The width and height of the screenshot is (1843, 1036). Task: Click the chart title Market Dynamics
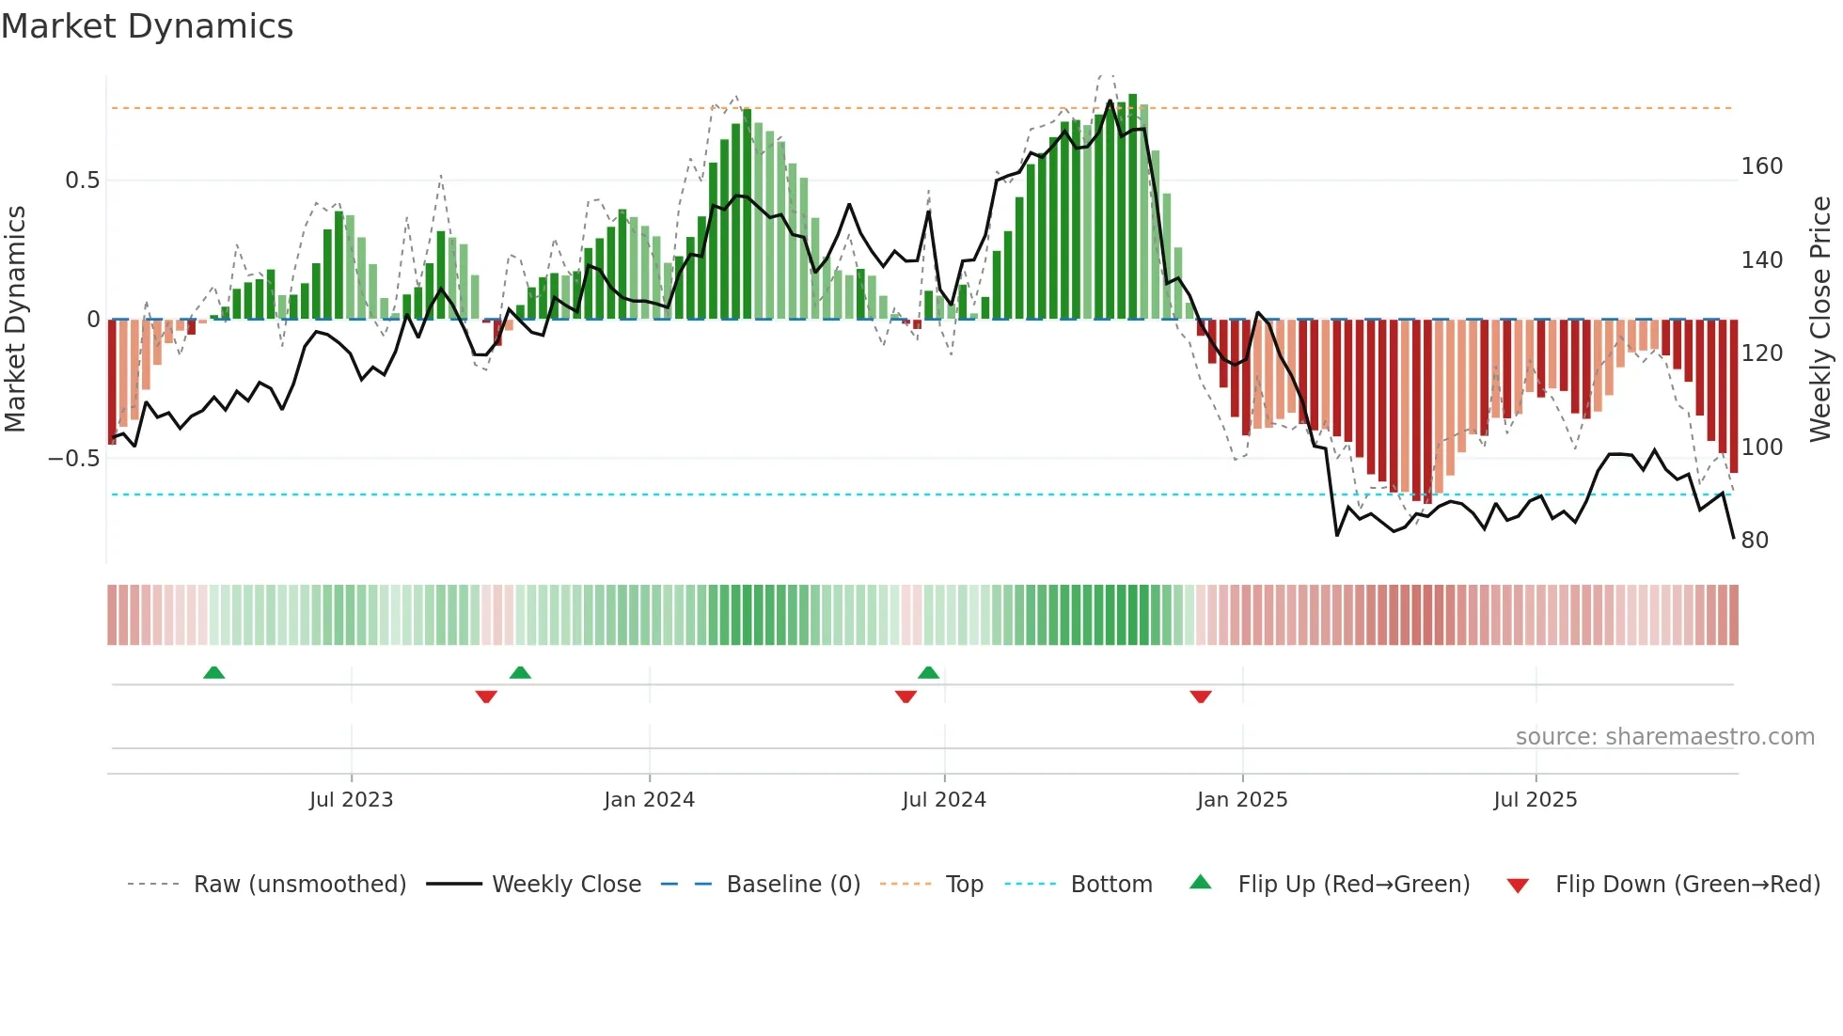click(x=147, y=26)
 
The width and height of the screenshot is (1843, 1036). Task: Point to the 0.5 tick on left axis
click(x=82, y=181)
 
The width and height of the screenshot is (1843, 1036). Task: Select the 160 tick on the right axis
click(x=1761, y=166)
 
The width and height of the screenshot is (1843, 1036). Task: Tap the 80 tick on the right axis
click(x=1755, y=541)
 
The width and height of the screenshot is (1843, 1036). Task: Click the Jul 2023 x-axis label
click(x=351, y=800)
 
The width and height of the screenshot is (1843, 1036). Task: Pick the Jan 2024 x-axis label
click(x=649, y=800)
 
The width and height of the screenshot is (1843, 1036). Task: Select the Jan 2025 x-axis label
click(x=1241, y=800)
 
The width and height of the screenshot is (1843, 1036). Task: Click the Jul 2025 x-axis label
click(x=1535, y=800)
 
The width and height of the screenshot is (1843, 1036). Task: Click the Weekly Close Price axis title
click(x=1820, y=320)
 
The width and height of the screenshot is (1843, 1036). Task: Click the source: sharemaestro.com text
click(x=1664, y=737)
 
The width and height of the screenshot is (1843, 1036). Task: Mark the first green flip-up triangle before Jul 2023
click(x=213, y=672)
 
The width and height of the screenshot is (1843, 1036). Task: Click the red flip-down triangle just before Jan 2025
click(x=1200, y=697)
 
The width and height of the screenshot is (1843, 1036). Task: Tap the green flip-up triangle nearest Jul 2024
click(x=928, y=672)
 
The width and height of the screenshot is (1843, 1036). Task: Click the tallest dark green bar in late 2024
click(x=1133, y=207)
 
